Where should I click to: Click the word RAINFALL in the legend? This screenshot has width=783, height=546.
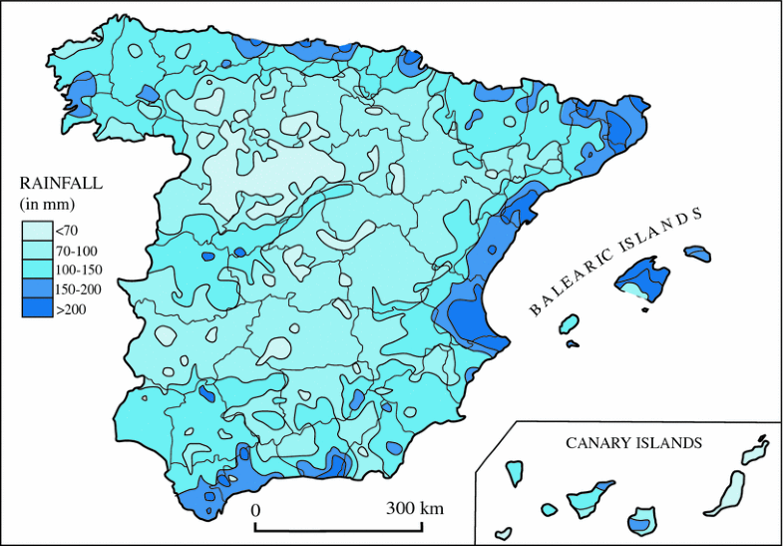(x=61, y=184)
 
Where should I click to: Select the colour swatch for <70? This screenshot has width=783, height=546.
(x=34, y=231)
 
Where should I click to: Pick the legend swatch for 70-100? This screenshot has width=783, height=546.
(x=34, y=250)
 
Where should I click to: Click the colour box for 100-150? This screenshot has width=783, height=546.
(x=34, y=270)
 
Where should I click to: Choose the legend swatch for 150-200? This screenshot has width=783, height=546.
(x=34, y=289)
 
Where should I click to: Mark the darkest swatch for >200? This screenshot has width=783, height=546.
(x=34, y=309)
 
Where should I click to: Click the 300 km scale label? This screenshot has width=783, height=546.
(x=414, y=508)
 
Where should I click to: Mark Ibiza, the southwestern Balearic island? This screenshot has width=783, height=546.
(x=569, y=324)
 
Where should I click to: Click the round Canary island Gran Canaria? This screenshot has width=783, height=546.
(x=640, y=520)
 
